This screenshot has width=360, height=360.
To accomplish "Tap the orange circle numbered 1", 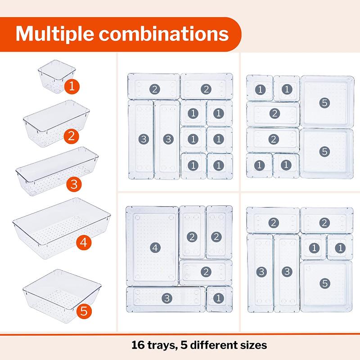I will [71, 86].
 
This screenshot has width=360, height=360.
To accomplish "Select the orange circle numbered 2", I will [71, 135].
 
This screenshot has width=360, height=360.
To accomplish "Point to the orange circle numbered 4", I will [83, 243].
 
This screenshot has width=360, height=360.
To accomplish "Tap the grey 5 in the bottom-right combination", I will [325, 283].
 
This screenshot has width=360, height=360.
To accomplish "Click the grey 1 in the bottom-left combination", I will [219, 298].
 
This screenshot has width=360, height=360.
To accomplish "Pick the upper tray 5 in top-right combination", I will [326, 101].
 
